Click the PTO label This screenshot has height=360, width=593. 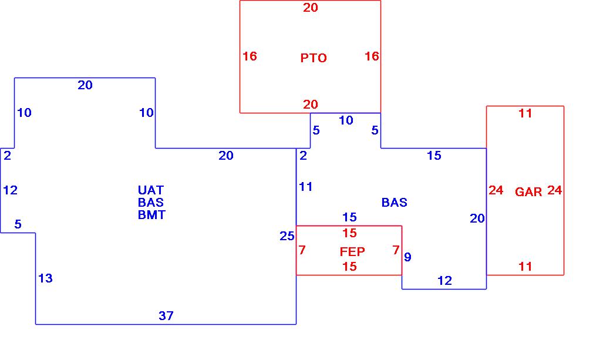pos(314,58)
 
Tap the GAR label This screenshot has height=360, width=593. pos(528,192)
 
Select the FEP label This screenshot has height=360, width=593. pos(352,252)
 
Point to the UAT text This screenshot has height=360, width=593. pos(151,190)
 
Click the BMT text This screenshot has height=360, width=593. pos(151,215)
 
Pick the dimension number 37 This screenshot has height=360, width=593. pos(166,316)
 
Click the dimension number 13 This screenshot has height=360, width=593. pos(45,278)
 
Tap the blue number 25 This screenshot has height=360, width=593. pos(287,236)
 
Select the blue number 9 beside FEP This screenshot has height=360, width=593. pos(407,257)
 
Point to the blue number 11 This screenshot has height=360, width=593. pos(306,187)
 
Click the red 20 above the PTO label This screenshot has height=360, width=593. pos(311,8)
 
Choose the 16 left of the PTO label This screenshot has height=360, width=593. pos(250,56)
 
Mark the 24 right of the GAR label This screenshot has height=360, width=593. pos(555,190)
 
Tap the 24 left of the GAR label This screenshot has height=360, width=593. pos(496,190)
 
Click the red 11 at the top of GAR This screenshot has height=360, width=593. pos(525,113)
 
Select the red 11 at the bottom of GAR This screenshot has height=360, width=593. pos(525,267)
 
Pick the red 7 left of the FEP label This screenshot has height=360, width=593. pos(302,250)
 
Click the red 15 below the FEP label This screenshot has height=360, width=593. pos(349,267)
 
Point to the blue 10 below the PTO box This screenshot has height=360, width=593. pos(346,120)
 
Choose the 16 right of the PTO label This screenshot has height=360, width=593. pos(372,56)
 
